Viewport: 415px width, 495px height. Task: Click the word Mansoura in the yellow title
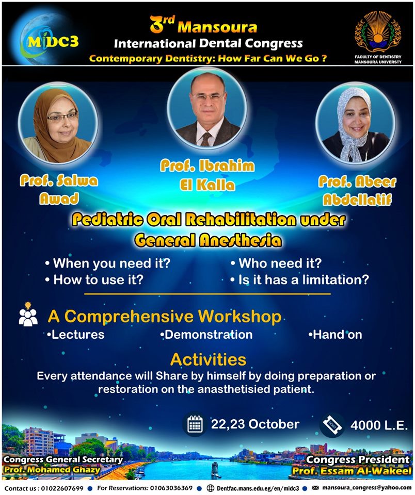pos(217,27)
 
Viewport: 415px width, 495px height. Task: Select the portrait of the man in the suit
pos(207,107)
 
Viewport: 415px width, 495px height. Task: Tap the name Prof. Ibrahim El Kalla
pos(207,175)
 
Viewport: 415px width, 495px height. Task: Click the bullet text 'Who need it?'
pos(280,263)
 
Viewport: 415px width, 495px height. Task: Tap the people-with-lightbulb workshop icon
pos(28,314)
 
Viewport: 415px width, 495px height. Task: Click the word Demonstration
pos(209,335)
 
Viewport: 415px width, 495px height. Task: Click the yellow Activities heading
pos(209,359)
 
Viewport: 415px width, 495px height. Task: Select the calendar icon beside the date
pos(195,424)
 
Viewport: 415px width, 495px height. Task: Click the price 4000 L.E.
pos(379,425)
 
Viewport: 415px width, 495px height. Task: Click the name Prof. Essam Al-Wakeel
pos(352,471)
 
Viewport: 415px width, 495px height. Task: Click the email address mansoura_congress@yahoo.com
pos(366,488)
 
